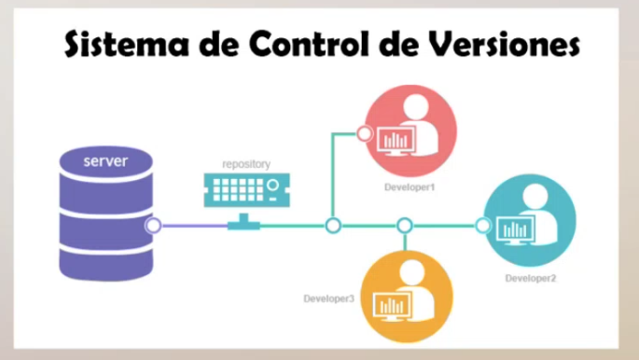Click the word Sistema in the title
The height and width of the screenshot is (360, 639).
(x=117, y=44)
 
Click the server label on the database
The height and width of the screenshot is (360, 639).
(x=105, y=162)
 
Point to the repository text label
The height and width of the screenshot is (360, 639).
(x=246, y=164)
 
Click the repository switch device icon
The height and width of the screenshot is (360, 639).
(x=241, y=191)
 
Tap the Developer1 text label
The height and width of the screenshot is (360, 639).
(x=411, y=187)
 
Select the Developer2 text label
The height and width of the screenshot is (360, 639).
(x=531, y=278)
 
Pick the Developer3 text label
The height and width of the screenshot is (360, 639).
(x=328, y=298)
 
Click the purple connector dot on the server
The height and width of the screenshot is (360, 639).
(x=153, y=226)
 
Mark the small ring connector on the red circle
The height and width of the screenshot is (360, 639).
(x=365, y=133)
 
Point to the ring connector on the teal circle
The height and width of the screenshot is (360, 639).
(x=482, y=226)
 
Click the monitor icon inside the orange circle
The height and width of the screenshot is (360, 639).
(x=391, y=304)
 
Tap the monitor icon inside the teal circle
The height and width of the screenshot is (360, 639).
(x=515, y=228)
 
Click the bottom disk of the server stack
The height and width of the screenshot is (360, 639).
(x=105, y=257)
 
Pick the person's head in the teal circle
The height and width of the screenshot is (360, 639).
(x=537, y=198)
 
